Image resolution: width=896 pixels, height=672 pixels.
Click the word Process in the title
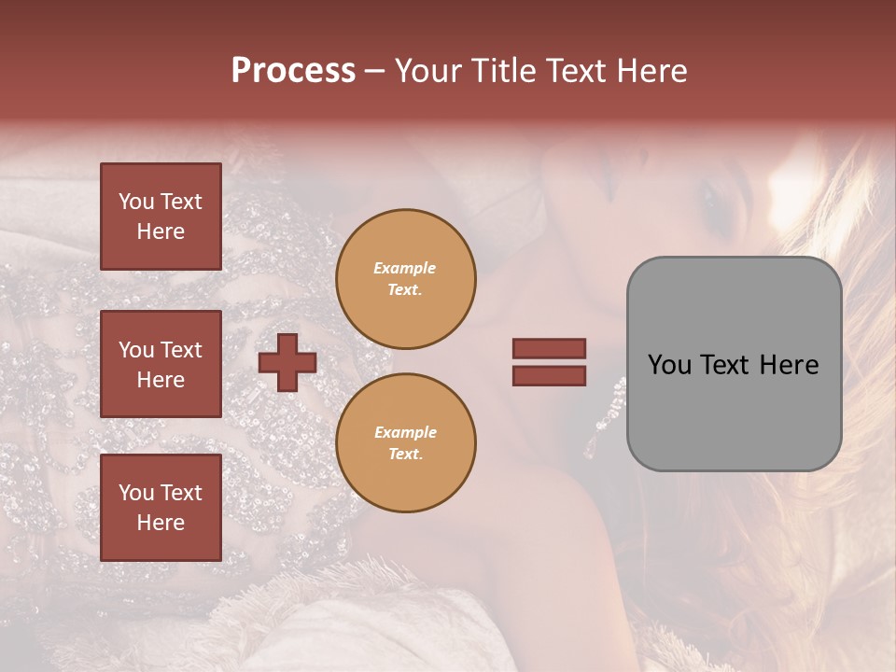coord(293,71)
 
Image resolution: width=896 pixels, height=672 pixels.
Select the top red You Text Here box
coord(161,217)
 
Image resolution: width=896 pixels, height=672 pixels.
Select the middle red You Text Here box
coord(161,364)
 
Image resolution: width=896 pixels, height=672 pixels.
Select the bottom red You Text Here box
coord(161,507)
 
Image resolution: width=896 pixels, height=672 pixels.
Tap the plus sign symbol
coord(287,362)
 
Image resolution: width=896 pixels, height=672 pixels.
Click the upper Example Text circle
coord(405,279)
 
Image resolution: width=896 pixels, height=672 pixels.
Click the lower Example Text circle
coord(405,443)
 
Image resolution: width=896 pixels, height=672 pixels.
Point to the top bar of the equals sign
coord(549,348)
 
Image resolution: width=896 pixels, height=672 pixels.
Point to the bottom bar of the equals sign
coord(549,375)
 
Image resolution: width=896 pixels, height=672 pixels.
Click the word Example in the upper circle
coord(405,268)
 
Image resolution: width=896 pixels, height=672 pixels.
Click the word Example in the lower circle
coord(405,432)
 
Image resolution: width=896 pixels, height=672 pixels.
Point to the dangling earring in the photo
coord(607,411)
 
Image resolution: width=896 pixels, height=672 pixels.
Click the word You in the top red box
coord(136,202)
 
